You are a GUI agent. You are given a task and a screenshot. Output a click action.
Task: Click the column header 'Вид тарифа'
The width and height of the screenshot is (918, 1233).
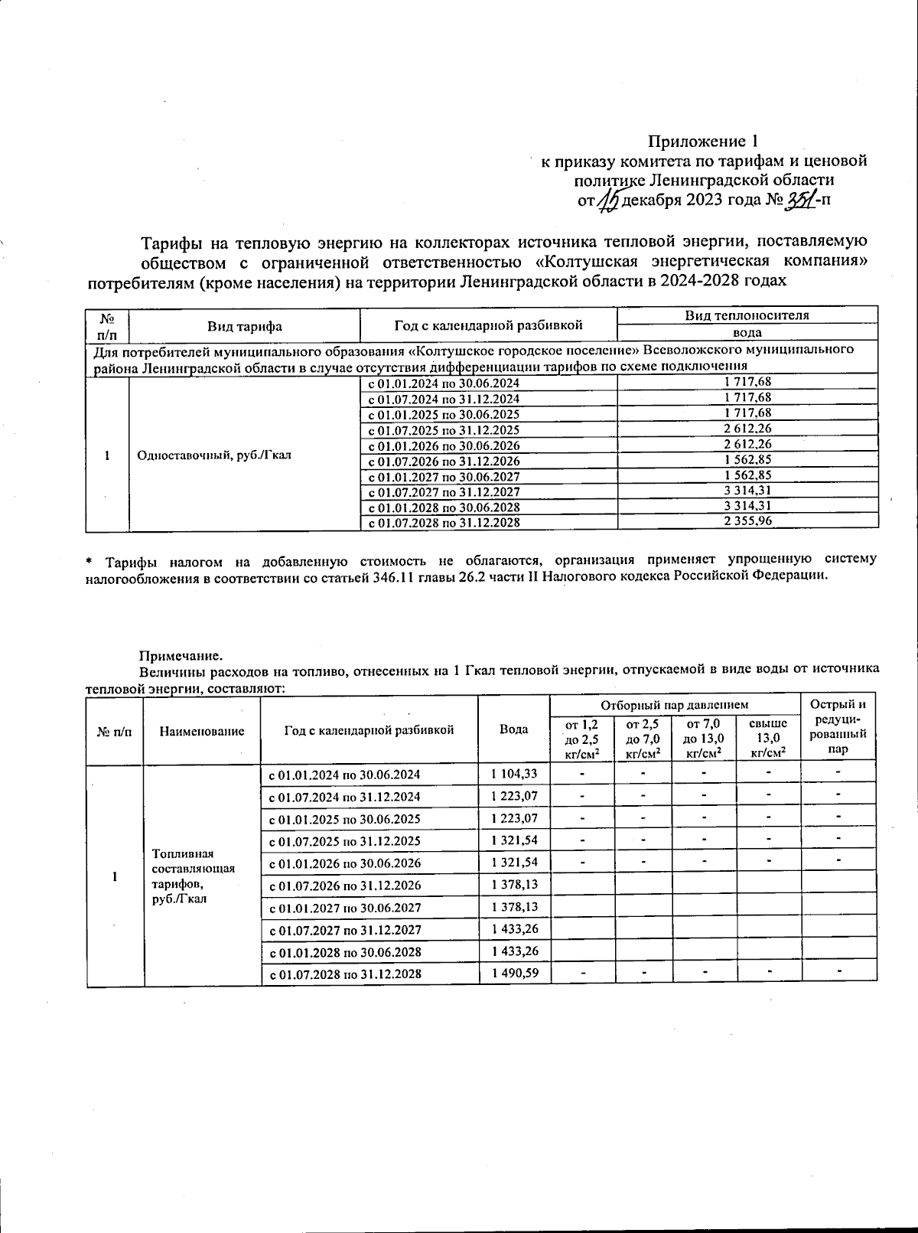coord(245,326)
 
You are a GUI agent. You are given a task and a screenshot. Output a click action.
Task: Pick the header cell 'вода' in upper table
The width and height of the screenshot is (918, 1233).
coord(747,333)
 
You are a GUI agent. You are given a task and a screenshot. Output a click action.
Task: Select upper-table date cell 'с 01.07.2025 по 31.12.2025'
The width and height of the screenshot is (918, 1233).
coord(444,430)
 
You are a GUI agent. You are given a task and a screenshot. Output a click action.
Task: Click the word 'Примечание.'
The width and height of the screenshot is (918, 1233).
coord(181,655)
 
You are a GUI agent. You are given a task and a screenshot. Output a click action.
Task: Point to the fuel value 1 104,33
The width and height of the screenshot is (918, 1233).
coord(514,774)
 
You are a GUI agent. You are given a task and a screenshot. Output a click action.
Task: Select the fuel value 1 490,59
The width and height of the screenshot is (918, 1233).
coord(514,974)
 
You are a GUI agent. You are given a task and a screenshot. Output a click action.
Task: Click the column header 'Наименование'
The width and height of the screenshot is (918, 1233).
coord(202,731)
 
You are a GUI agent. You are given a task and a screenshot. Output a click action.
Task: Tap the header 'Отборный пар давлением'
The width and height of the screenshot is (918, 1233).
coord(674,704)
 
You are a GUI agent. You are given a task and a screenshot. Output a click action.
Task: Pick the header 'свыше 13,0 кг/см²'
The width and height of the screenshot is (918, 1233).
coord(768,739)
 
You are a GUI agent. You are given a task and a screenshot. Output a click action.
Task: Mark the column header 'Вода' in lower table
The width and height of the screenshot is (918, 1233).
coord(513,729)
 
